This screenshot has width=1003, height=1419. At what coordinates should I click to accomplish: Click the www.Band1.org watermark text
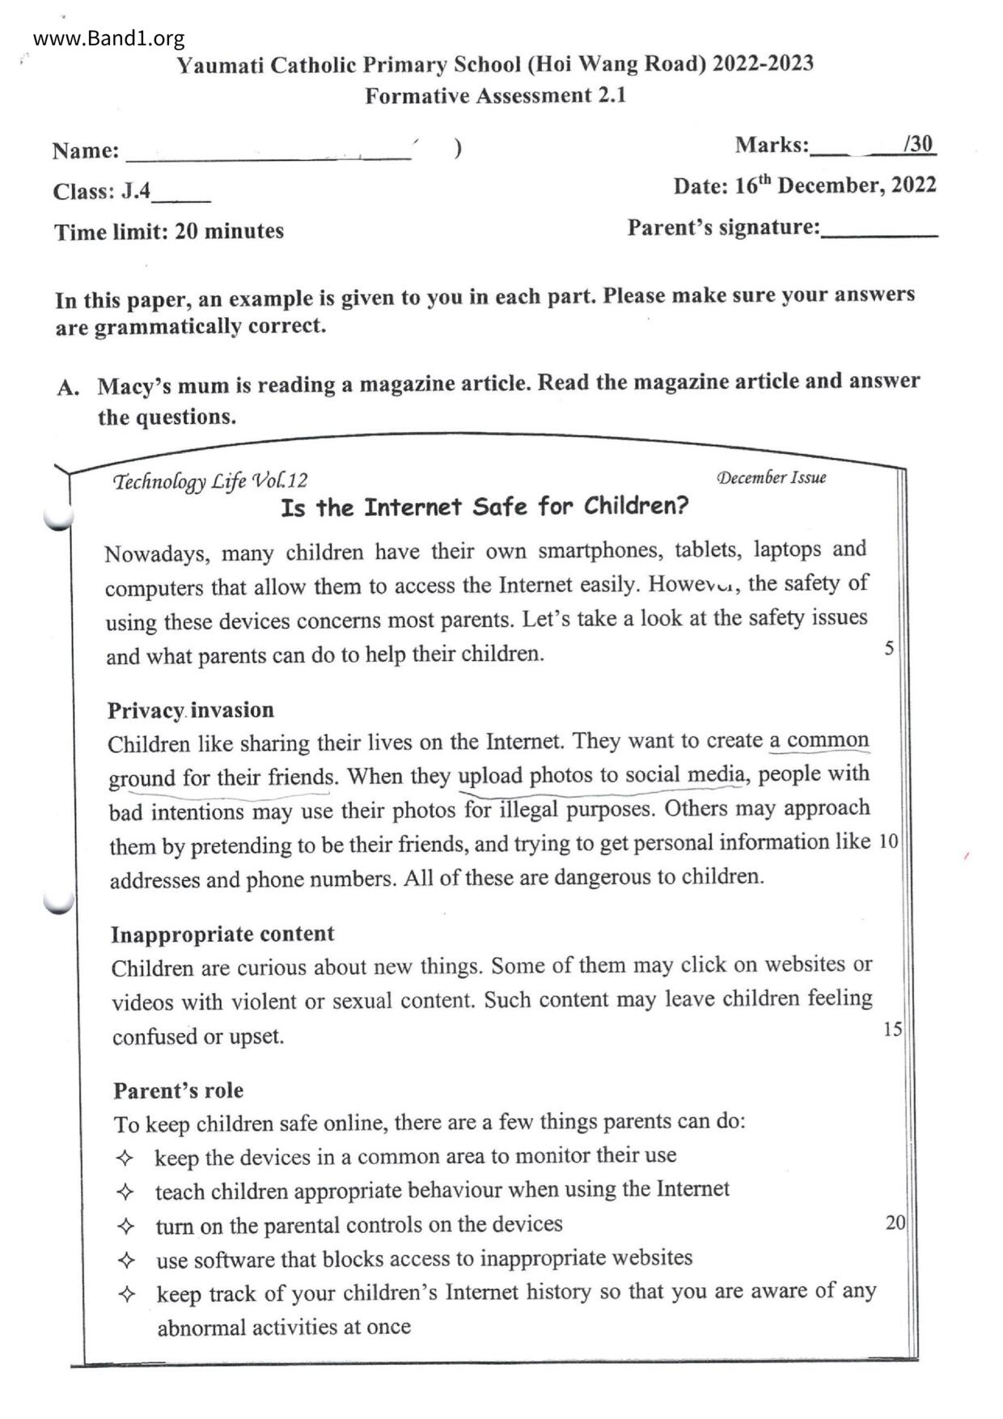tap(109, 38)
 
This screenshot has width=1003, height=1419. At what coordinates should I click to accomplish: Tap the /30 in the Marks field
tap(918, 144)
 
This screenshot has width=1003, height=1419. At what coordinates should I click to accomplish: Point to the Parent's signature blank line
tap(879, 232)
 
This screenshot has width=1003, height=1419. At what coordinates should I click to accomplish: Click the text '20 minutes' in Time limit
tap(229, 231)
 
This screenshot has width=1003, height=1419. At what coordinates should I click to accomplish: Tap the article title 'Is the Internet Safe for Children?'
tap(485, 507)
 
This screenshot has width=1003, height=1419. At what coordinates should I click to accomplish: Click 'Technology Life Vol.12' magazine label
tap(210, 481)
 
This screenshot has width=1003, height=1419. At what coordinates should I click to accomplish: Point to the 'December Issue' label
tap(771, 477)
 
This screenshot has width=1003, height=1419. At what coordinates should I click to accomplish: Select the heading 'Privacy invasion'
tap(191, 710)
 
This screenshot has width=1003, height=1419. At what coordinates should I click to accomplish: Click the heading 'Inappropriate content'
tap(222, 934)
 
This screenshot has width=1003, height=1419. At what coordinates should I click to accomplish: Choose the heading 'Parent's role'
tap(178, 1091)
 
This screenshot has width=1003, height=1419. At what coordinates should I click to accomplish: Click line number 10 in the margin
tap(888, 841)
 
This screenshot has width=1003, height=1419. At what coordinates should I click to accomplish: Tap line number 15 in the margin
tap(892, 1029)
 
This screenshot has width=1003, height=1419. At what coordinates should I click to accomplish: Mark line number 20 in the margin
tap(895, 1222)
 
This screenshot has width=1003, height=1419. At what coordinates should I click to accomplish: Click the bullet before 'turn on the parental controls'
tap(125, 1226)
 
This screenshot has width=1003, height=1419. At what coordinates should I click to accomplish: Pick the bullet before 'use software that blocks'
tap(126, 1260)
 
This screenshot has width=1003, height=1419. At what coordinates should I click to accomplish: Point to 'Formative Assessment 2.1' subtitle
tap(495, 95)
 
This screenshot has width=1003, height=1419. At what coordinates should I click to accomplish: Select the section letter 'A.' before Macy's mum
tap(68, 388)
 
